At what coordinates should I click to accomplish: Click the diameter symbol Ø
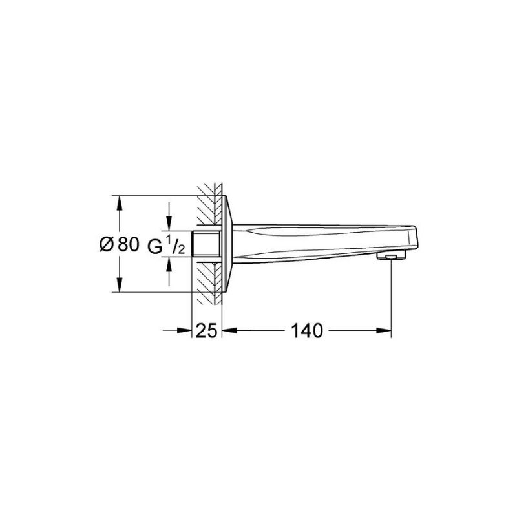pyautogui.click(x=107, y=244)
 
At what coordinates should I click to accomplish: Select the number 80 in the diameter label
pyautogui.click(x=128, y=244)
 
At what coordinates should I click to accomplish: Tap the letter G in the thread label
pyautogui.click(x=154, y=247)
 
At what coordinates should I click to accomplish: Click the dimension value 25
pyautogui.click(x=206, y=330)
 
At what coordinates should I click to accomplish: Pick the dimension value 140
pyautogui.click(x=307, y=330)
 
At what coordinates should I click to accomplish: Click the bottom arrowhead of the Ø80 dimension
pyautogui.click(x=120, y=284)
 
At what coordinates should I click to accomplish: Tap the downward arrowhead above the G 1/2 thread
pyautogui.click(x=169, y=223)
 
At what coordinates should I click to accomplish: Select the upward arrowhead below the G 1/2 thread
pyautogui.click(x=169, y=264)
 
